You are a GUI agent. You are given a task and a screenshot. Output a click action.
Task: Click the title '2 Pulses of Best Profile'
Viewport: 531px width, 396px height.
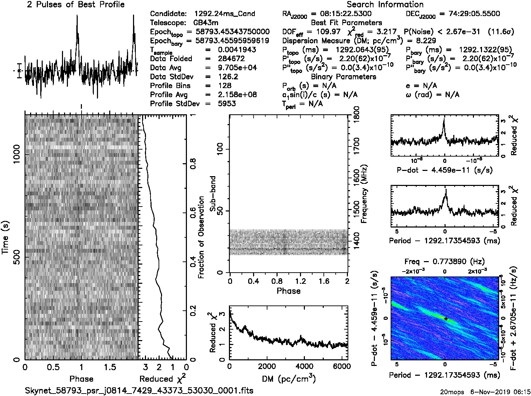click(x=76, y=5)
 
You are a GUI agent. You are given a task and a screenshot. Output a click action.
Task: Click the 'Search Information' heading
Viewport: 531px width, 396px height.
click(x=385, y=5)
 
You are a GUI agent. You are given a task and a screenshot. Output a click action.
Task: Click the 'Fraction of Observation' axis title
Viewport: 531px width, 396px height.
click(x=201, y=237)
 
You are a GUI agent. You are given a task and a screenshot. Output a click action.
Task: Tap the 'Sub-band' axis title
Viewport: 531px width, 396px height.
click(x=213, y=194)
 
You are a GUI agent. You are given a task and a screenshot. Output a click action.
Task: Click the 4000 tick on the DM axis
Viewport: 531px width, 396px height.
click(x=305, y=367)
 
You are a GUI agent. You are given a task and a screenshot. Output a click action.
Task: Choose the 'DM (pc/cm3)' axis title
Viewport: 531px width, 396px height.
click(x=288, y=379)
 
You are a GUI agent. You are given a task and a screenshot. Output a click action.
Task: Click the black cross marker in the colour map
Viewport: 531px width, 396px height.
click(x=446, y=318)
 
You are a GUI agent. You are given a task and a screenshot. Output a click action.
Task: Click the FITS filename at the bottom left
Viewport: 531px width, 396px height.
click(x=139, y=390)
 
